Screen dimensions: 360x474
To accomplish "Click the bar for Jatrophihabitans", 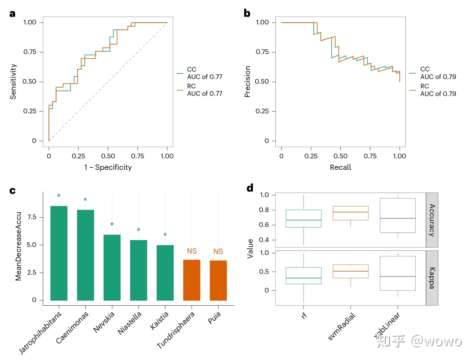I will point(59,253).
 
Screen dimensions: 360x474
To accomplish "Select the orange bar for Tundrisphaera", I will point(192,280).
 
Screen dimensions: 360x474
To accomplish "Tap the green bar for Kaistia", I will point(165,272).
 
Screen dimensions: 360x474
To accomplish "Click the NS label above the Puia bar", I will point(218,251).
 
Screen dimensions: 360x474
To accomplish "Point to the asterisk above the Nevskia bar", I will point(112,225).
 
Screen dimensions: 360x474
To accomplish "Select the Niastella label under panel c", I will point(130,323).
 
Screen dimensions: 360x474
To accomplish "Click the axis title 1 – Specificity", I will point(108,167).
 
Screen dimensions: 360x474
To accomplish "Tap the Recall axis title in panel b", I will point(340,167).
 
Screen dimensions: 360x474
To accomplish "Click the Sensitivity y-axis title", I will point(13,81).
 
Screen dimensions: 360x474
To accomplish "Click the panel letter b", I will point(247,13).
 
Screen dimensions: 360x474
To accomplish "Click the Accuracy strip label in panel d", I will point(432,220).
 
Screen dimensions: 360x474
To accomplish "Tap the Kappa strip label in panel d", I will point(432,278).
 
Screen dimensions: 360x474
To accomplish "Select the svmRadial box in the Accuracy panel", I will point(351,213).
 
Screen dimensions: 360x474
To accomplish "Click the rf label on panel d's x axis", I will point(304,316).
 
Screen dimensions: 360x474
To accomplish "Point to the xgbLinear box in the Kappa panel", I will point(398,273).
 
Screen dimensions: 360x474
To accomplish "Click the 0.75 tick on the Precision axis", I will point(262,52).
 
